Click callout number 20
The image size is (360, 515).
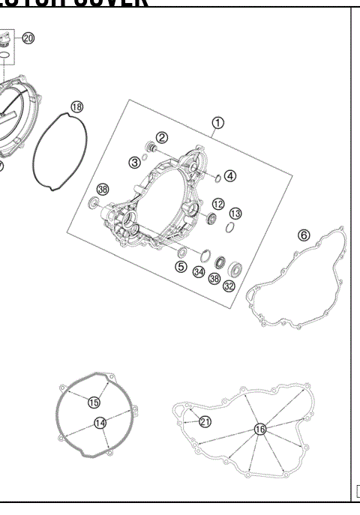[28, 37]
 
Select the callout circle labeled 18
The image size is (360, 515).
[76, 107]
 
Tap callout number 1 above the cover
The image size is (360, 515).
[217, 122]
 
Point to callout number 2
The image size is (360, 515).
[161, 136]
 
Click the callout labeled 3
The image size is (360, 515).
[134, 161]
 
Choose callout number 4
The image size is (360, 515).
[229, 176]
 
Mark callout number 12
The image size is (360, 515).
[217, 203]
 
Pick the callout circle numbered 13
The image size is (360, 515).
[235, 214]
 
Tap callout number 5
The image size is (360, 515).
[181, 265]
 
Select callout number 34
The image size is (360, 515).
[199, 271]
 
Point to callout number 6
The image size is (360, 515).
[304, 235]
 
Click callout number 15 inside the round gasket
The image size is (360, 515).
[94, 403]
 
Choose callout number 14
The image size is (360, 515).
[100, 424]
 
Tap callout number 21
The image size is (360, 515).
[205, 422]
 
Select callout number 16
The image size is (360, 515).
[259, 429]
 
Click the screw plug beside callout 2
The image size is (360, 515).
[148, 145]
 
